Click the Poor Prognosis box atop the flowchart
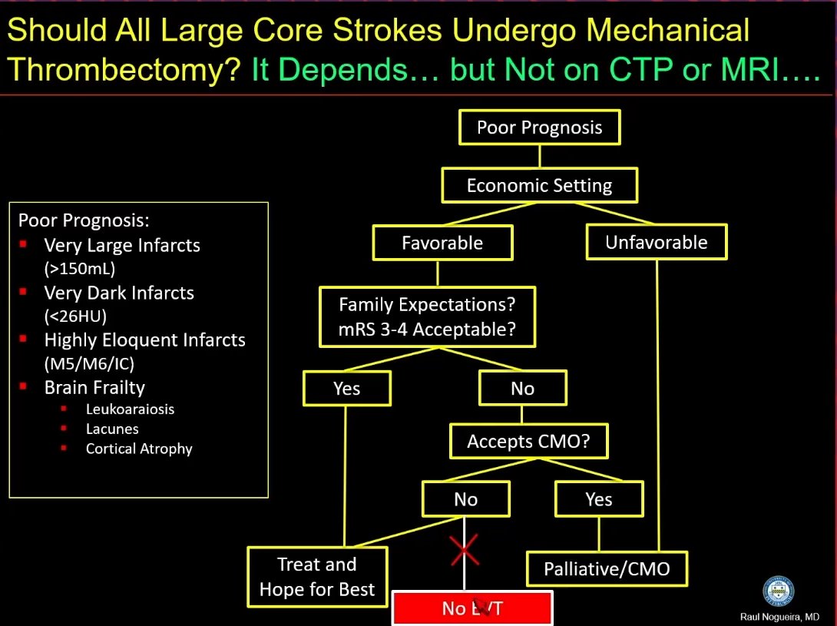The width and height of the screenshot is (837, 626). point(539,128)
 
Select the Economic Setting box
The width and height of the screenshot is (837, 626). point(539,186)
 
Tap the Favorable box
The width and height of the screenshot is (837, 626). point(442,243)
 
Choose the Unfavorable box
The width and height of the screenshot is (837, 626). point(657,243)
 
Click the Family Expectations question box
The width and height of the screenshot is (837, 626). point(427,317)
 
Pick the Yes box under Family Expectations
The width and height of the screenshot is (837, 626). point(347,389)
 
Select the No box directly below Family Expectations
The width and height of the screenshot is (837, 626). point(522,389)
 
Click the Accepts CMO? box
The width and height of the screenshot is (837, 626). point(528,442)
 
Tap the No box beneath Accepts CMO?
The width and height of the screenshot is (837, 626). point(465,499)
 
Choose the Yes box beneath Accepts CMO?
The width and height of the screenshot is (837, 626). point(599,499)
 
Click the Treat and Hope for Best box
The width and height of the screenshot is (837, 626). point(317,577)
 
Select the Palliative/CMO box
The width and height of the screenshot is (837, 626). point(607,569)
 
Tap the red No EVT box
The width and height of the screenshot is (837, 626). point(472,608)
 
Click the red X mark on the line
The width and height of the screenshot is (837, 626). point(465,550)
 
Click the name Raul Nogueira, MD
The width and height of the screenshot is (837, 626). point(780,617)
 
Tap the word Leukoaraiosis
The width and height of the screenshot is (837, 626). point(130,409)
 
